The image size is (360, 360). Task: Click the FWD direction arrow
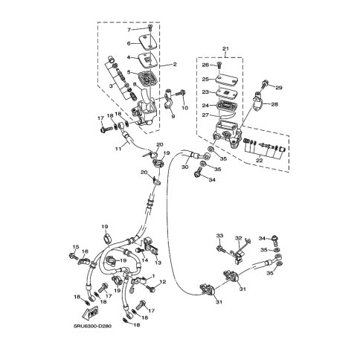point(90,312)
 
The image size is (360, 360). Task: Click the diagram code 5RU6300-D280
point(92,326)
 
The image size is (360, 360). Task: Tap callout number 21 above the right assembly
point(225,48)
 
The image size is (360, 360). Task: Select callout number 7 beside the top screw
point(129,30)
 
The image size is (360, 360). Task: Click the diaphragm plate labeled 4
point(148,60)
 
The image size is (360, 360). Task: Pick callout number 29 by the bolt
point(279,88)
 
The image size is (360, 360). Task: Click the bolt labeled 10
point(181,94)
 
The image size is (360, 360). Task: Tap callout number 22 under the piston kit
point(259,160)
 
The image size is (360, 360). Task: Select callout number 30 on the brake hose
point(185,167)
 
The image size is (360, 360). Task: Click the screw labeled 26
point(219,65)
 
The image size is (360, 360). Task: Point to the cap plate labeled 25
point(227,80)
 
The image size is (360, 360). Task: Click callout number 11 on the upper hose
point(118,149)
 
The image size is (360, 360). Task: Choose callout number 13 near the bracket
point(158,263)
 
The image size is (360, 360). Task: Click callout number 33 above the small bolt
point(219,235)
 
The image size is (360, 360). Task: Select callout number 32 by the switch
point(238,238)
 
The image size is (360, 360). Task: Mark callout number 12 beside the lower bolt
point(163,282)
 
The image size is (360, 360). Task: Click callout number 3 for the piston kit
point(112,85)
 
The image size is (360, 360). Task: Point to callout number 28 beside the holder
point(274,104)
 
